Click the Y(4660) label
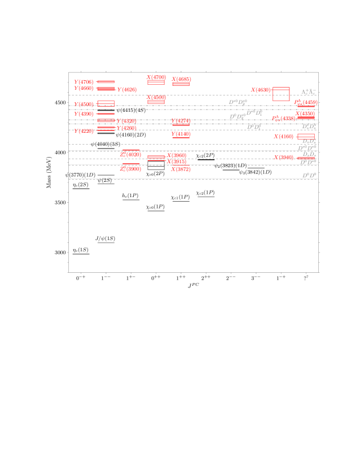click(x=84, y=88)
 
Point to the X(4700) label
click(x=156, y=77)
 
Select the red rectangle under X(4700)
click(x=156, y=82)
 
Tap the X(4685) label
click(x=181, y=79)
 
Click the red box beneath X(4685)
click(x=181, y=84)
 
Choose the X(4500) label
click(x=156, y=97)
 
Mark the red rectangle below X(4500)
click(x=156, y=102)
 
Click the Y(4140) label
click(x=181, y=134)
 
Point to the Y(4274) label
click(x=181, y=121)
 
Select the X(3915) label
click(x=177, y=162)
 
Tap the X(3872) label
click(x=181, y=169)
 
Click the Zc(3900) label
click(x=130, y=168)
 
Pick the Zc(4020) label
click(x=130, y=154)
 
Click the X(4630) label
click(x=261, y=90)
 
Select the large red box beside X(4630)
click(x=281, y=94)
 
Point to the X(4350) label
click(x=305, y=114)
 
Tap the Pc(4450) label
click(x=305, y=102)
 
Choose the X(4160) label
click(x=284, y=136)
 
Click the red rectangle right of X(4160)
click(x=306, y=136)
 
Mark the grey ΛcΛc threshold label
click(x=308, y=92)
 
